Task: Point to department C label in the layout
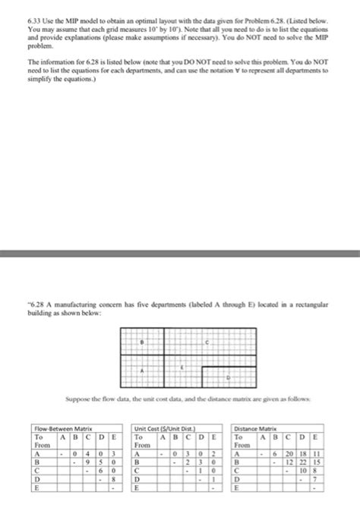click(x=207, y=342)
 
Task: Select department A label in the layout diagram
click(x=141, y=371)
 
